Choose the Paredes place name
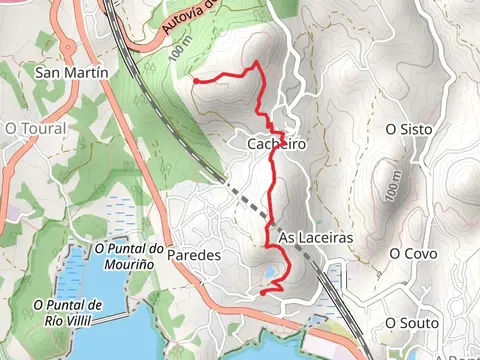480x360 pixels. pyautogui.click(x=194, y=255)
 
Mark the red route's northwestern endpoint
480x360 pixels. pyautogui.click(x=195, y=80)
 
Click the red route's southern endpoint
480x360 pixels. pyautogui.click(x=262, y=292)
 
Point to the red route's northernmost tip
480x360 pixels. pyautogui.click(x=258, y=63)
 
